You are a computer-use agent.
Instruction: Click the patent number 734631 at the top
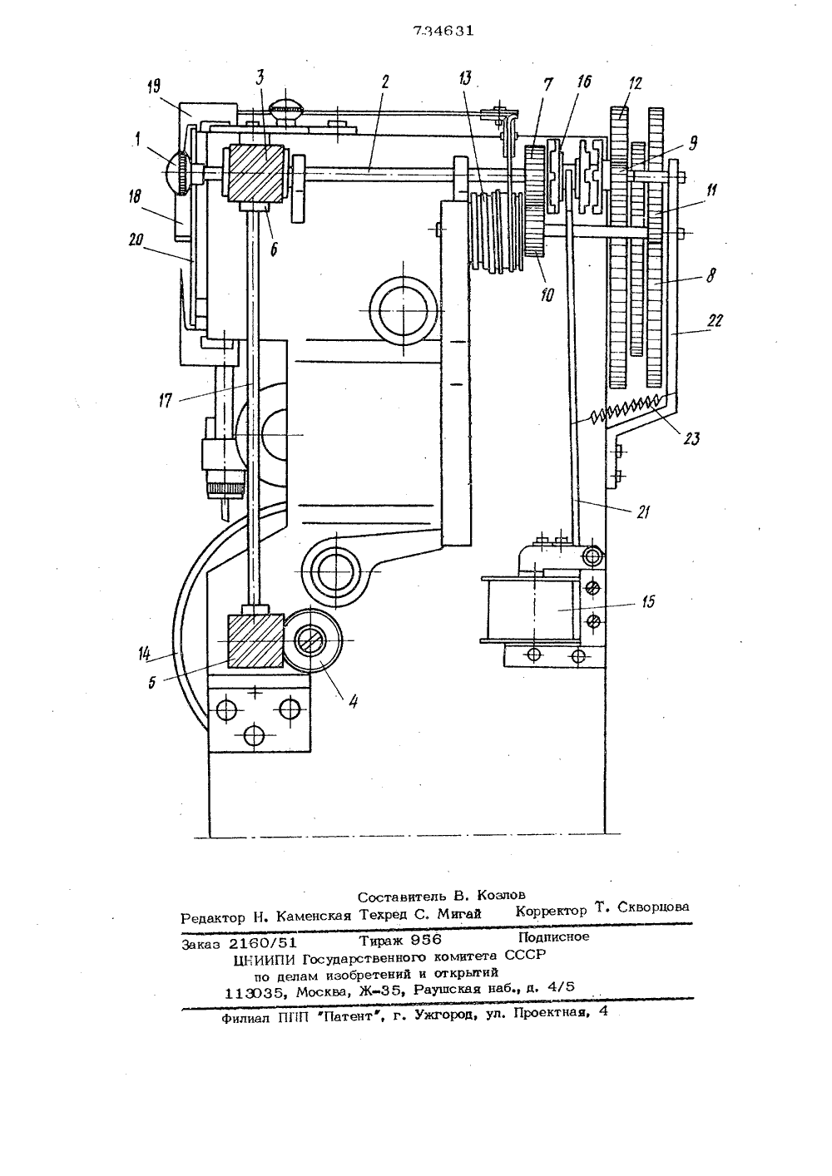443,31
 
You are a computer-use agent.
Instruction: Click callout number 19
154,86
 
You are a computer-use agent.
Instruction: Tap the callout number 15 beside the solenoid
648,601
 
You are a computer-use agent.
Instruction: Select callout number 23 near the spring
691,437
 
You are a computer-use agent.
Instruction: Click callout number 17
165,402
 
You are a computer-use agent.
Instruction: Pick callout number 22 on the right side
716,320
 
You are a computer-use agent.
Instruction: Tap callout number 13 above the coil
465,79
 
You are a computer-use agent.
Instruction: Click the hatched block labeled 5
255,641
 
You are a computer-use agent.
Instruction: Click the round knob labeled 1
178,173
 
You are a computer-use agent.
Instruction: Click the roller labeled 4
313,641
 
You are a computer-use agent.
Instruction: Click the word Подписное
553,936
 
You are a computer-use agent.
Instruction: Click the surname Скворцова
653,907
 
